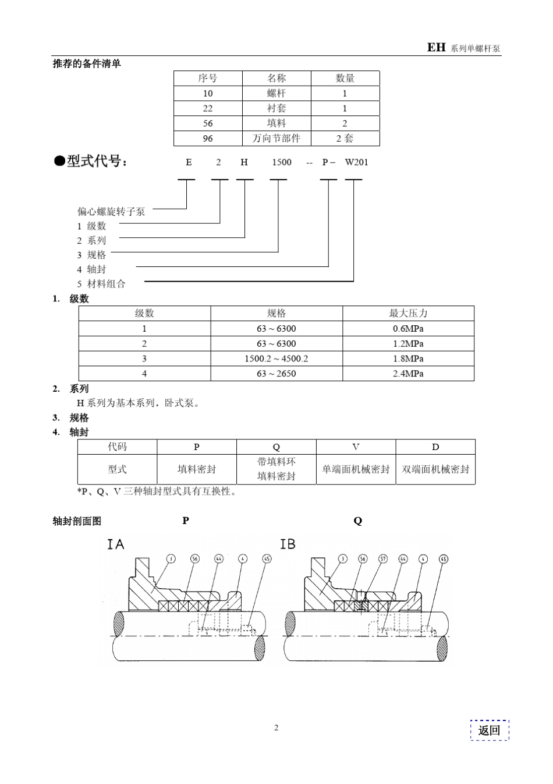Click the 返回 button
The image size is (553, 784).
(490, 730)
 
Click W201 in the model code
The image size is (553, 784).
(356, 162)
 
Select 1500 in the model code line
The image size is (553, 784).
(282, 162)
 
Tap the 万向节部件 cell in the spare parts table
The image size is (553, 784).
(276, 139)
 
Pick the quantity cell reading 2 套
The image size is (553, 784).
(345, 139)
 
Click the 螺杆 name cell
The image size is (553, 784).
(276, 93)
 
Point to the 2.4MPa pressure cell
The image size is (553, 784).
(408, 374)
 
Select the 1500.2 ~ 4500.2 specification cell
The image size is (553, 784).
(276, 358)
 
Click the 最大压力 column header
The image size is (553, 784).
(408, 314)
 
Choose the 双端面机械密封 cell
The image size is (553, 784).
(435, 469)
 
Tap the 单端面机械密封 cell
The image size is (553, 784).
(356, 469)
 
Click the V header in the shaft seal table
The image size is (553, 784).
(356, 447)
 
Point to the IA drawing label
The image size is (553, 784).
(115, 544)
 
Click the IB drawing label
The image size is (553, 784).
(288, 544)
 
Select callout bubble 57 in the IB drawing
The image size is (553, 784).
(383, 559)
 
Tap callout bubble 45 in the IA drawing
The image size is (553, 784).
(267, 559)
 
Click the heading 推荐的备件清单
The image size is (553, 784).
(87, 64)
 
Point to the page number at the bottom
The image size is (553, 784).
(276, 727)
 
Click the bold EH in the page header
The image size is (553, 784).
(436, 48)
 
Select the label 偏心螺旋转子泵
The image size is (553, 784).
(111, 212)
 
